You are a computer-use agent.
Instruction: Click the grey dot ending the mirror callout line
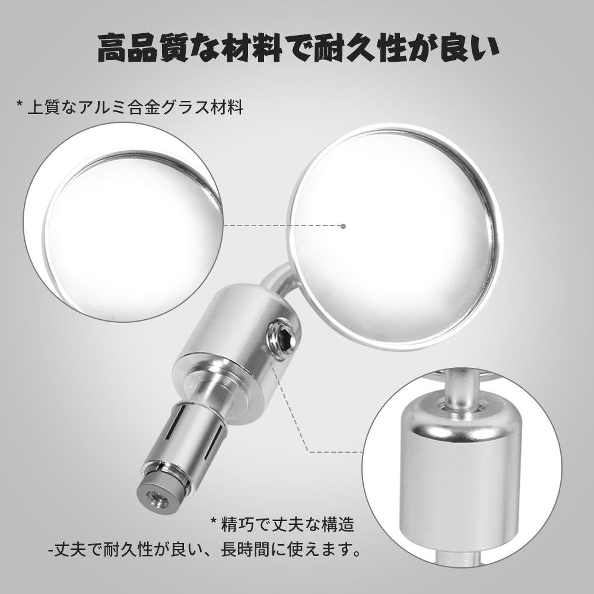(343, 226)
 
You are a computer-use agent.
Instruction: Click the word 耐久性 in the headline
(360, 48)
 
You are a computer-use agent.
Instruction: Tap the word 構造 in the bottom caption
(338, 525)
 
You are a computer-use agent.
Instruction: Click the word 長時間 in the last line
(246, 549)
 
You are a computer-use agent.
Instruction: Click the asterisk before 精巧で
(214, 521)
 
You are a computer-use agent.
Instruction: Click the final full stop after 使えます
(355, 554)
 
